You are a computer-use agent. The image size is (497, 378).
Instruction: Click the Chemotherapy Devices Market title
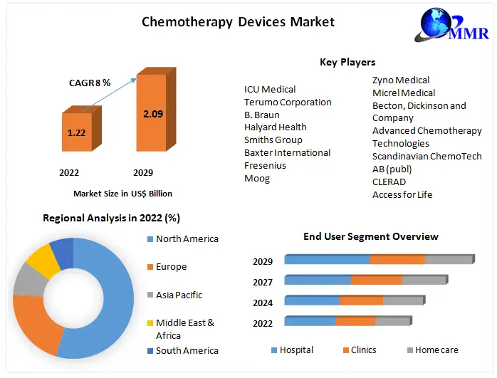(x=238, y=21)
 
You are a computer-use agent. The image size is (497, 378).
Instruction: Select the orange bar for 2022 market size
(x=77, y=132)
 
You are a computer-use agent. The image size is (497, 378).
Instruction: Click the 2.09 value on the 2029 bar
(x=152, y=113)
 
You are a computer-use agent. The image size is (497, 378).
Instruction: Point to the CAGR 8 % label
(x=89, y=83)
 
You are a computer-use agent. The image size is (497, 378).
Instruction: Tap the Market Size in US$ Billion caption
(x=122, y=193)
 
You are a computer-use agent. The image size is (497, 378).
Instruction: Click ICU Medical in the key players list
(x=270, y=90)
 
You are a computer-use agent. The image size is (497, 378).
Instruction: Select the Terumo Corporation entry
(x=288, y=102)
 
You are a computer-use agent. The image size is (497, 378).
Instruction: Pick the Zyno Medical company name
(x=401, y=80)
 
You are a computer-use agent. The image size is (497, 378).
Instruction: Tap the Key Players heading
(x=347, y=63)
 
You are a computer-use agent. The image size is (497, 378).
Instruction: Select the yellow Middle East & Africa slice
(x=43, y=259)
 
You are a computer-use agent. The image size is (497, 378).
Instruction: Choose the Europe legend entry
(x=171, y=267)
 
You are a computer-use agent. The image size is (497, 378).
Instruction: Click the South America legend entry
(x=187, y=350)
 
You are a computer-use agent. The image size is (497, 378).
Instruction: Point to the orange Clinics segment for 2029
(x=397, y=259)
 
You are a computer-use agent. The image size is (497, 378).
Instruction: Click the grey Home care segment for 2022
(x=392, y=321)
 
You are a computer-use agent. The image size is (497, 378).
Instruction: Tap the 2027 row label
(x=263, y=282)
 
